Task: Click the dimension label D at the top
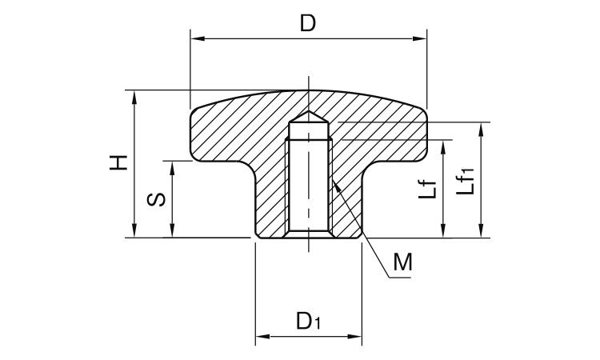pos(308,23)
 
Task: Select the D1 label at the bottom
pos(309,321)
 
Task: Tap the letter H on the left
pos(118,163)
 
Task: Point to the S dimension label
pos(157,200)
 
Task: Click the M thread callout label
pos(403,262)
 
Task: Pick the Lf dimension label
pos(427,189)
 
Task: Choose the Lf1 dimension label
pos(466,182)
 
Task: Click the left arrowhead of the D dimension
pos(198,38)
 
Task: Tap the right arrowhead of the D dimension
pos(419,38)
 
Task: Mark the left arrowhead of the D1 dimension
pos(263,337)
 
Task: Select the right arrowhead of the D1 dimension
pos(354,337)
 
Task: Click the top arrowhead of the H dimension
pos(134,98)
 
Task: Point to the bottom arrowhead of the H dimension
pos(134,230)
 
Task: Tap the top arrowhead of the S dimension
pos(172,168)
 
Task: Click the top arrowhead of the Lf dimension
pos(443,147)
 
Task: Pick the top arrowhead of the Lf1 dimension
pos(482,130)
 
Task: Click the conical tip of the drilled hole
pos(309,111)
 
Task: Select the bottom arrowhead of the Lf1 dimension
pos(482,230)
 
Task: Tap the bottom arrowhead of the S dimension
pos(172,230)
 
